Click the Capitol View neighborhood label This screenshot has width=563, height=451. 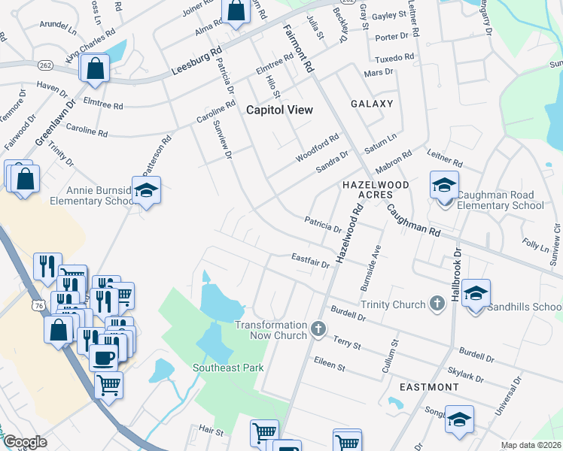279,110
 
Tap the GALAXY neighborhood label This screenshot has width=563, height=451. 371,104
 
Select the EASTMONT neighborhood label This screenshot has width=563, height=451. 428,387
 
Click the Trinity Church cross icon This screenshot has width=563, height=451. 436,304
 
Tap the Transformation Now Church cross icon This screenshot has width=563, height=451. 318,328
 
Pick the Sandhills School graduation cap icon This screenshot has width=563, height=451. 476,292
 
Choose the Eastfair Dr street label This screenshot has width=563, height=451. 310,260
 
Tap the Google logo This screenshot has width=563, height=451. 25,442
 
